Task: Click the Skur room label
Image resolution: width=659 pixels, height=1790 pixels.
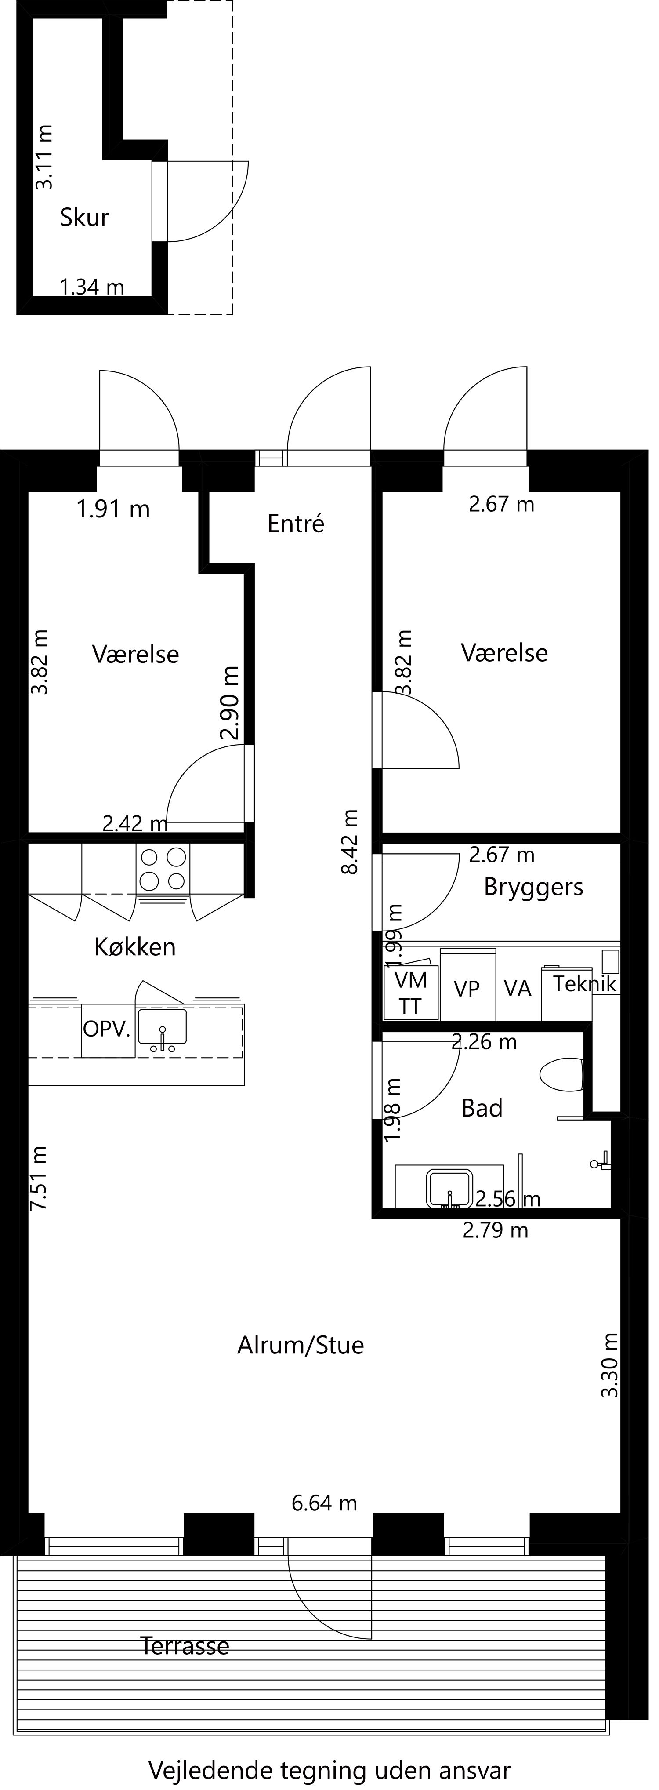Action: tap(85, 218)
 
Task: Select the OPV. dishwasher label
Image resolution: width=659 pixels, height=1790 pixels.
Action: tap(107, 1029)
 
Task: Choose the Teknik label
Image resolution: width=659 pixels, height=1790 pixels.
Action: tap(585, 984)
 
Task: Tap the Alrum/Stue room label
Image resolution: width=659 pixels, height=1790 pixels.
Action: tap(301, 1345)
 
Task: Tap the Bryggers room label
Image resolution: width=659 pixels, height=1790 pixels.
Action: tap(533, 888)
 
